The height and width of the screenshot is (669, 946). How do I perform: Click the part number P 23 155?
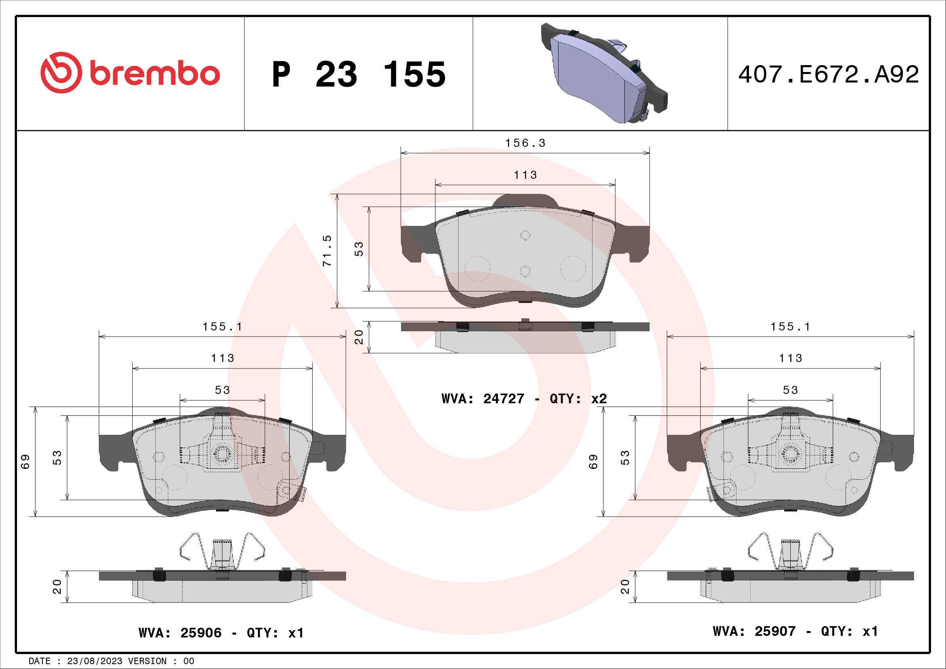coord(358,74)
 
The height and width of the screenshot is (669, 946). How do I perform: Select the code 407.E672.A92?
coord(828,75)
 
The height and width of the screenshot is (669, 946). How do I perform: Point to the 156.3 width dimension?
coord(525,143)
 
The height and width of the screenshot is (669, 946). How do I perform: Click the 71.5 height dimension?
coord(327,250)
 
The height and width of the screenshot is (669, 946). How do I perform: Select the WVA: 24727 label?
coord(483,399)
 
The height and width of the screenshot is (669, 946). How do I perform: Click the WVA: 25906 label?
coord(180,633)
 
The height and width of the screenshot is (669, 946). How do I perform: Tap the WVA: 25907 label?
coord(754,631)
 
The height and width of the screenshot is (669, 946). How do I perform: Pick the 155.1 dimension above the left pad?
coord(222,327)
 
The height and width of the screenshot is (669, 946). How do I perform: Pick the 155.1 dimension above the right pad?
coord(790,327)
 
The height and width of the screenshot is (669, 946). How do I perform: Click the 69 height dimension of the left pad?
coord(25,462)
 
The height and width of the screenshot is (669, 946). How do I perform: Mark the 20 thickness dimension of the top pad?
coord(359,337)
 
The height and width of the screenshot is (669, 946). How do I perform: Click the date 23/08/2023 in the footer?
coord(94,661)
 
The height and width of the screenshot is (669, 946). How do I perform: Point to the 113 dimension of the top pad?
coord(525,175)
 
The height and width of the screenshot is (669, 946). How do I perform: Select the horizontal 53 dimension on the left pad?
coord(222,390)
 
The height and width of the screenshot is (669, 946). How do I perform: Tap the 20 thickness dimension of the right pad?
coord(625,586)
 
